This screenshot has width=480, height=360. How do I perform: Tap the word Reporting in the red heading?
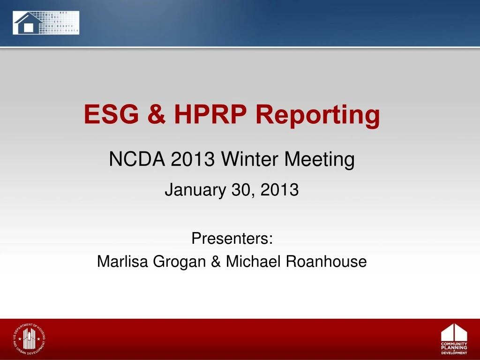click(x=318, y=115)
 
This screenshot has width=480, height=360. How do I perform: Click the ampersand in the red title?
click(x=156, y=115)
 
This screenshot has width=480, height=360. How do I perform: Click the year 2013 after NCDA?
click(x=193, y=160)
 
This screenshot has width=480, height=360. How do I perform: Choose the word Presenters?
click(x=232, y=239)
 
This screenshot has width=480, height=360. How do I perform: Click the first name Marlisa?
click(x=123, y=262)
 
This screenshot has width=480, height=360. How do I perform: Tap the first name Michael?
click(x=253, y=262)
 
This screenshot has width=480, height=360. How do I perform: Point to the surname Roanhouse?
click(x=326, y=262)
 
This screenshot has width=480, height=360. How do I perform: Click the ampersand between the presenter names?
click(x=216, y=262)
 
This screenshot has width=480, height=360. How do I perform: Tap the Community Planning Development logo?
click(x=454, y=339)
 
